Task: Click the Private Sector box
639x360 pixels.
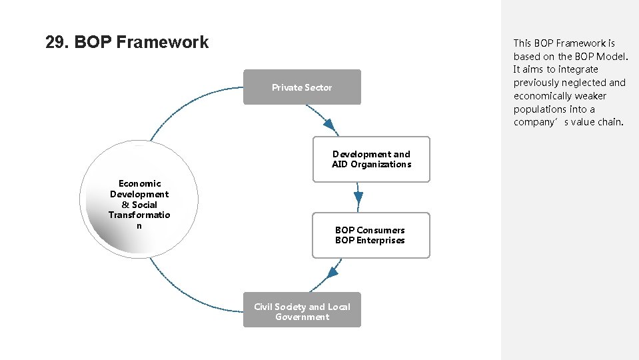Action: tap(302, 87)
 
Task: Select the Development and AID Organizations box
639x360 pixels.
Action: tap(371, 159)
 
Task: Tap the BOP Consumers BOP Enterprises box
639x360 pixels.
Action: tap(370, 235)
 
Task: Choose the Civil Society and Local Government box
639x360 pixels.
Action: tap(302, 310)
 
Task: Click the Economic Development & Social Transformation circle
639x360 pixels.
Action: tap(139, 199)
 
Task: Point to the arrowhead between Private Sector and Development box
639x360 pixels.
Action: tap(329, 125)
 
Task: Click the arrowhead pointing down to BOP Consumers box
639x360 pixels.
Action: tap(358, 197)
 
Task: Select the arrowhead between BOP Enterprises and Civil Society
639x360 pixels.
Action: tap(333, 271)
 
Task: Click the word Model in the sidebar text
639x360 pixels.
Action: tap(611, 56)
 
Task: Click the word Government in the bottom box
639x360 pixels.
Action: tap(302, 317)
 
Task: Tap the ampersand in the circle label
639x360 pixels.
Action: tap(125, 205)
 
